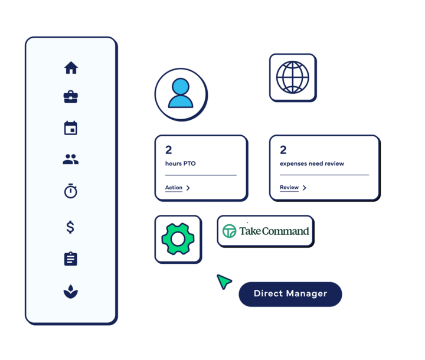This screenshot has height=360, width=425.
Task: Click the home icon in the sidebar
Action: click(x=71, y=68)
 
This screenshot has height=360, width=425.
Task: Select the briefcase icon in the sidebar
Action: click(x=71, y=97)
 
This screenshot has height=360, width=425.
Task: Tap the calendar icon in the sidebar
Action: click(x=71, y=128)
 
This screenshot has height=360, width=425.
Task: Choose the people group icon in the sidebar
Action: click(x=71, y=159)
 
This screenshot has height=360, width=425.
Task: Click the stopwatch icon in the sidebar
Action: click(x=71, y=191)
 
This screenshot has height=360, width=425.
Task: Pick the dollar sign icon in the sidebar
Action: click(x=70, y=227)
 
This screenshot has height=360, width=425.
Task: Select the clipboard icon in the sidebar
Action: click(x=71, y=258)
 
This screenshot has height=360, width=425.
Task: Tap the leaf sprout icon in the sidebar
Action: click(x=71, y=291)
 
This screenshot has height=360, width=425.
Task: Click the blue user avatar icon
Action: click(x=181, y=94)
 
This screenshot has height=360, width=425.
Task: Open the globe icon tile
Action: click(x=293, y=77)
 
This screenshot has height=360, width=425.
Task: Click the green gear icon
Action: click(x=178, y=238)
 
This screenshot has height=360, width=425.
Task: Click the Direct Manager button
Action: click(x=290, y=294)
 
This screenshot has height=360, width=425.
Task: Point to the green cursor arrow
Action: click(x=223, y=281)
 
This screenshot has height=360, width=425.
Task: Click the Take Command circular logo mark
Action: click(x=229, y=231)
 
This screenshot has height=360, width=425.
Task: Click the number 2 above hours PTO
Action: click(x=169, y=150)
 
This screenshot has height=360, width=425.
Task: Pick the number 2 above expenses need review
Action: click(x=283, y=150)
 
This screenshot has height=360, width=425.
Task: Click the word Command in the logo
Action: click(x=286, y=231)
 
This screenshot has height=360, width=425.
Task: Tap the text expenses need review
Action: click(x=312, y=163)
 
